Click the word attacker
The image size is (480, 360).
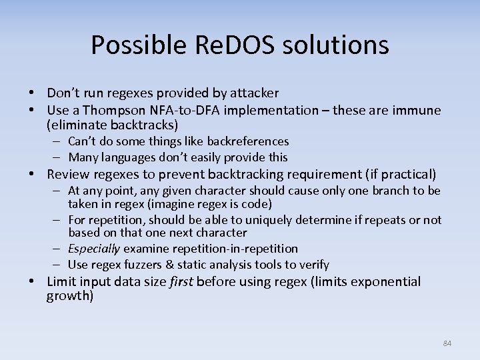(x=255, y=93)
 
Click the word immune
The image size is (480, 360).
(x=417, y=110)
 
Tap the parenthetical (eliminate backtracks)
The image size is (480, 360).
(x=113, y=125)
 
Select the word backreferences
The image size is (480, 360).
(x=248, y=141)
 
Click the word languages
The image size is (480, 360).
(x=131, y=157)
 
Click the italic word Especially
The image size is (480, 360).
(x=93, y=249)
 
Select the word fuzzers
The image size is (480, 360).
(x=145, y=265)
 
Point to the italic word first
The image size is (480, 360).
(x=181, y=281)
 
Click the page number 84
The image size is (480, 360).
(x=447, y=343)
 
